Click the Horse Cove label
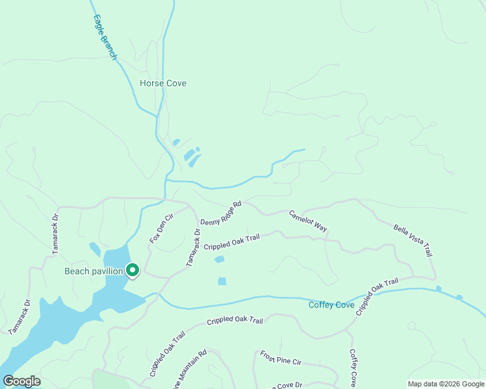coord(163,84)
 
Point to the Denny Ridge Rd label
coord(221,213)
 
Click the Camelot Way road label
coord(308,221)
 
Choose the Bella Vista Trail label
coord(413,241)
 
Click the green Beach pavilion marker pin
coord(133,270)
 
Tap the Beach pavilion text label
coord(94,271)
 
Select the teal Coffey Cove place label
coord(331,305)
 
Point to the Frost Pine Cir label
coord(281,357)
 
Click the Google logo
coord(21,381)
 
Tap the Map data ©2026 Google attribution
coord(446,384)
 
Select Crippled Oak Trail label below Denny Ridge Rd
coord(231,242)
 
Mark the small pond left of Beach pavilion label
coord(95,249)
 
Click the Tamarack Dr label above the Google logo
coord(20,316)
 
